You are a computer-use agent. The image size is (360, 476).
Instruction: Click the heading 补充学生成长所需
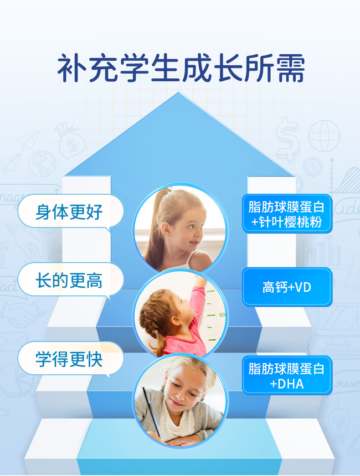181,68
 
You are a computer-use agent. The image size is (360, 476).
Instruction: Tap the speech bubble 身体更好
70,212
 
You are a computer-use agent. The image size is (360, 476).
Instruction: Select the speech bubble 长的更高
70,280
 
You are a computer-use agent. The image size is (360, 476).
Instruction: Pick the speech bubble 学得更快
70,359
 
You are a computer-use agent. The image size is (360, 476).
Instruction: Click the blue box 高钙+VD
287,287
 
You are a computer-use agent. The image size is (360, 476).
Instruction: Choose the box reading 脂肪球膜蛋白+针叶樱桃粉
287,214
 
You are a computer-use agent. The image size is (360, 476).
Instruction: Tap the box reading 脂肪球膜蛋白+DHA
287,376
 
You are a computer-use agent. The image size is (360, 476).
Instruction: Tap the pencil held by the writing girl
153,414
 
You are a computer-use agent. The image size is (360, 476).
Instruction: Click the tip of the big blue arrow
179,92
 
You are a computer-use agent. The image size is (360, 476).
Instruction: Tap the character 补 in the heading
72,68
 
